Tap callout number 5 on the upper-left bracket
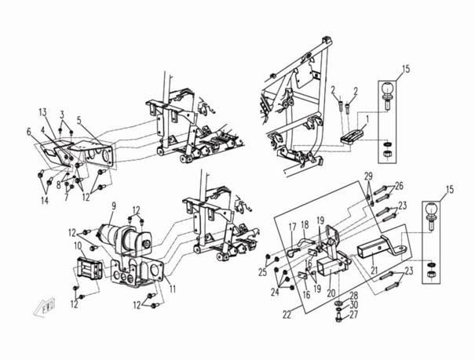(79, 120)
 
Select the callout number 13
(43, 112)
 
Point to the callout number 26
(398, 186)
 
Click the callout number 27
(353, 315)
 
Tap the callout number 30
(353, 304)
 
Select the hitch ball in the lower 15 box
(434, 220)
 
